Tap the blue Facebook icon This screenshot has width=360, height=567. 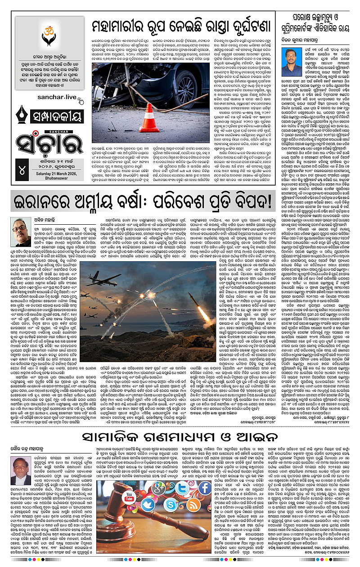coord(204,488)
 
